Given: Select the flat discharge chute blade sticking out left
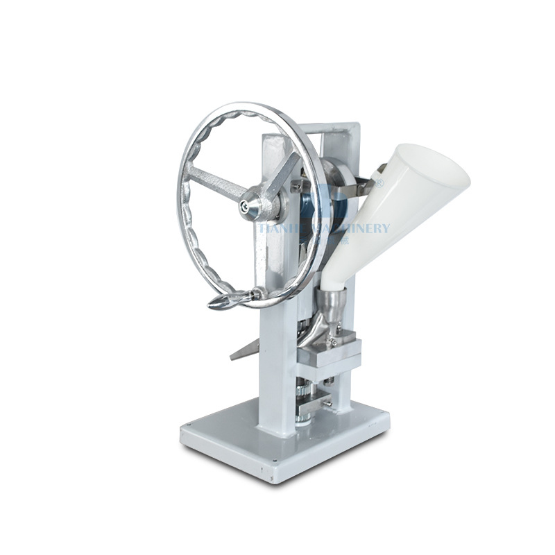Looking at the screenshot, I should tap(244, 351).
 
